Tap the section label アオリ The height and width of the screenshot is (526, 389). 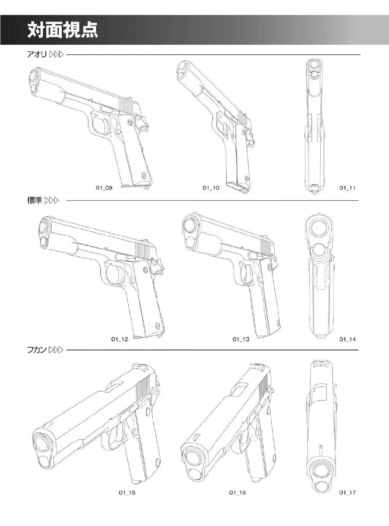pos(36,55)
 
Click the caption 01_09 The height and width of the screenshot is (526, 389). pos(104,187)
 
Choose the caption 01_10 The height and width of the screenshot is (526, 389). pos(211,187)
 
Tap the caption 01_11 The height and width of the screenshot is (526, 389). pos(348,187)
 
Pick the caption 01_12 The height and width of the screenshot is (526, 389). pos(120,339)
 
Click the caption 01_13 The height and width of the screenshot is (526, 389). pos(241,339)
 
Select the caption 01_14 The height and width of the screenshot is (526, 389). pos(348,339)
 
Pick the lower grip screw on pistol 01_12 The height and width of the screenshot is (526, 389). pos(158,326)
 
